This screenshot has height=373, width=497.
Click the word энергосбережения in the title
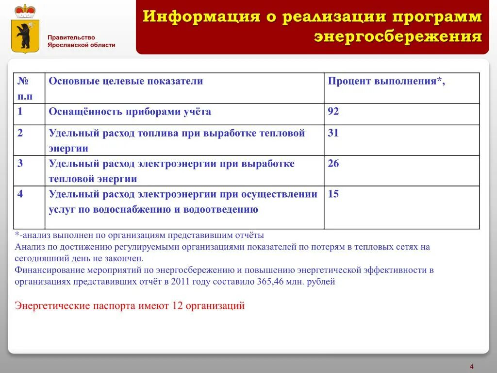pyautogui.click(x=398, y=37)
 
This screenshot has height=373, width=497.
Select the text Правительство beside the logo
pyautogui.click(x=71, y=37)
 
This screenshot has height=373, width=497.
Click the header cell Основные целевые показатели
pyautogui.click(x=126, y=81)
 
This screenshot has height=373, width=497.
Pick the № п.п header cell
pyautogui.click(x=26, y=88)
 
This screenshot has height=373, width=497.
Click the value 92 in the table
pyautogui.click(x=333, y=112)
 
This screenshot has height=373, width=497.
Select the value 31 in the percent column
pyautogui.click(x=333, y=133)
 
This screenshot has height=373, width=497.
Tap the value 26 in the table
pyautogui.click(x=333, y=164)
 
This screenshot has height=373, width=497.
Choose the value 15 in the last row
pyautogui.click(x=333, y=194)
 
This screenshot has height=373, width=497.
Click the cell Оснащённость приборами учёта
pyautogui.click(x=130, y=112)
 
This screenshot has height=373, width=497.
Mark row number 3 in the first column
pyautogui.click(x=20, y=164)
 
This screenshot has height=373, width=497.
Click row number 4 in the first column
pyautogui.click(x=20, y=194)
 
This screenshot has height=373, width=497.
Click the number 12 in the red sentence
pyautogui.click(x=177, y=306)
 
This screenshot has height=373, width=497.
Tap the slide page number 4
pyautogui.click(x=471, y=366)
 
